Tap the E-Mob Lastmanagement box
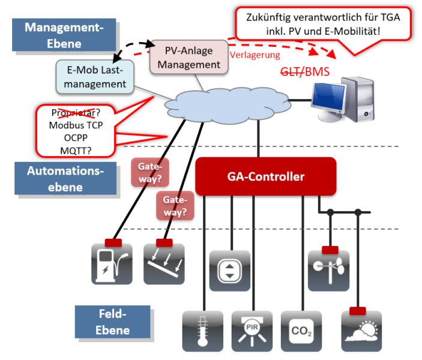(95, 77)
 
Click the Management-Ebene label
(62, 35)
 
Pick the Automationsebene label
(65, 178)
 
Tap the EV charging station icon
(111, 263)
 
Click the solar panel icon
(164, 263)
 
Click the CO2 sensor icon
(301, 332)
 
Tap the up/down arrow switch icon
(230, 271)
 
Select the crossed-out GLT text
(291, 73)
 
